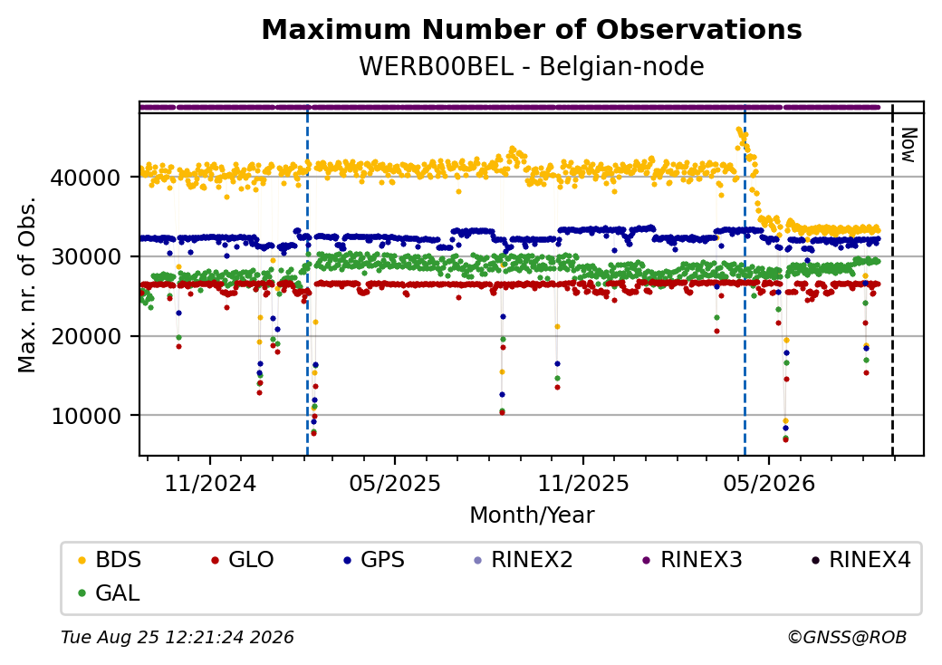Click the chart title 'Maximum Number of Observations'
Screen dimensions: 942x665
(x=532, y=29)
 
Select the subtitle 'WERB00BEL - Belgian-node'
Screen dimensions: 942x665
(x=532, y=66)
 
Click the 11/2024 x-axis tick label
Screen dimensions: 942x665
(x=210, y=483)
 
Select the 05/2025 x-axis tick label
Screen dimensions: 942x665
(x=395, y=483)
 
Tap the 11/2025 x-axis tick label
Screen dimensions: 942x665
(x=582, y=483)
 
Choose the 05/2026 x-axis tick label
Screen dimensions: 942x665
(x=769, y=483)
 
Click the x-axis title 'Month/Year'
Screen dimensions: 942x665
(x=532, y=516)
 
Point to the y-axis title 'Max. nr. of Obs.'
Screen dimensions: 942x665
(x=27, y=284)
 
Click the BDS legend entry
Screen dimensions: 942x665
(x=110, y=560)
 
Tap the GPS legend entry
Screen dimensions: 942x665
(x=374, y=560)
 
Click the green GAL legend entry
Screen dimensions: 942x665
(x=109, y=593)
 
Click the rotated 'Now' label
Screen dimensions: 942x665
(x=909, y=145)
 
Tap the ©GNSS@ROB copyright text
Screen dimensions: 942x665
(x=847, y=637)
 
